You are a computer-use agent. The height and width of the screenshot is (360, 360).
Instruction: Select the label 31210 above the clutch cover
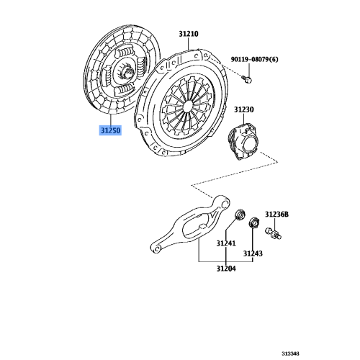click(189, 34)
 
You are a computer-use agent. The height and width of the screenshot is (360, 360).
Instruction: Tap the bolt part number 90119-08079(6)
click(256, 60)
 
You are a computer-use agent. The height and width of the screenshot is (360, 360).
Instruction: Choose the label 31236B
click(276, 214)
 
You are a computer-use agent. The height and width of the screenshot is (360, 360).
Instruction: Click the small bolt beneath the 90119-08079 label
click(247, 75)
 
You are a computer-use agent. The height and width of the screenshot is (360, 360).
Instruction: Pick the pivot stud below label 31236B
click(274, 232)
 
